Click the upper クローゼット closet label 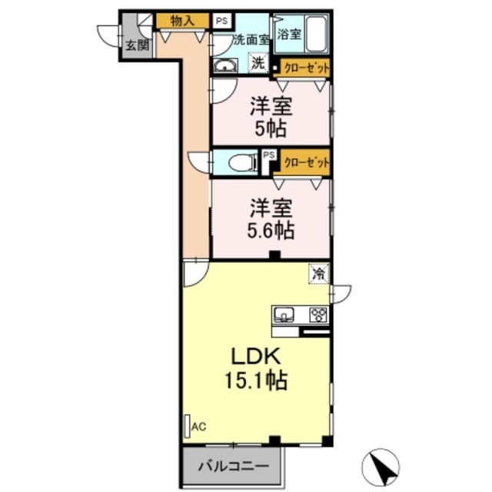(306, 68)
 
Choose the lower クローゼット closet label (306, 163)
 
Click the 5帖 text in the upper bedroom (271, 128)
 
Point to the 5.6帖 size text (271, 229)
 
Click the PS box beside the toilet (268, 156)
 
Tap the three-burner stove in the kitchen (317, 314)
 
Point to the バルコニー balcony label (233, 466)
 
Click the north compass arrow (382, 465)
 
